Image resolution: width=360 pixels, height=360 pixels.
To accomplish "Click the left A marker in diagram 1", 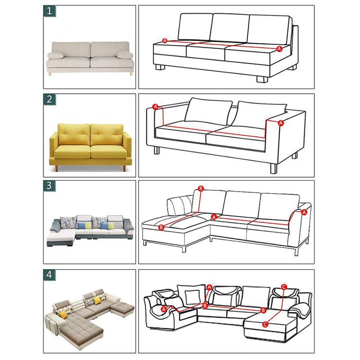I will [x=165, y=41].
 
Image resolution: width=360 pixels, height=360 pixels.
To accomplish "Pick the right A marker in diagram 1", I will [x=279, y=48].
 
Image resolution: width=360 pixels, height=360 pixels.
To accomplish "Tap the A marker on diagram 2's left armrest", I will [x=156, y=107].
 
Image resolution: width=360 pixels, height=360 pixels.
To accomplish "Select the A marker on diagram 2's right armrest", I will [x=281, y=122].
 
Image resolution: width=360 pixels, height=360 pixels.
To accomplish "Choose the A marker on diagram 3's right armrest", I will [x=304, y=212].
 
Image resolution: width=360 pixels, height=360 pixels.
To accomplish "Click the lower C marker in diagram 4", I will [x=265, y=324].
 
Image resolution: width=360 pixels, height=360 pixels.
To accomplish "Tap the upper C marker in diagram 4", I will [x=283, y=286].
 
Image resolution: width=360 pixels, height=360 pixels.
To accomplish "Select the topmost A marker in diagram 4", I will [x=209, y=287].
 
